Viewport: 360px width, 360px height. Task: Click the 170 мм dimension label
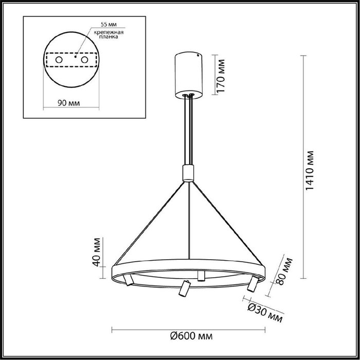click(x=221, y=76)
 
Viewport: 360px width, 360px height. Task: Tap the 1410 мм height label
click(x=310, y=170)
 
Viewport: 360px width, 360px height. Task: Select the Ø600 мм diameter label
click(x=191, y=336)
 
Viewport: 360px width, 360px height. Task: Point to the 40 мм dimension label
click(x=97, y=252)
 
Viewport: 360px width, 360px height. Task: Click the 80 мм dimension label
click(x=284, y=272)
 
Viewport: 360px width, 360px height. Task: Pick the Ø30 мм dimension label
click(x=265, y=313)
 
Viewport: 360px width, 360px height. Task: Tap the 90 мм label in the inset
click(x=68, y=103)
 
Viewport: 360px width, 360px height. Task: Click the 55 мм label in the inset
click(x=109, y=24)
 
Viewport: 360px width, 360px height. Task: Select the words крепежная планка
click(x=109, y=34)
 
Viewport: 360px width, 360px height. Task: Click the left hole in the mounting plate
click(x=59, y=60)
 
